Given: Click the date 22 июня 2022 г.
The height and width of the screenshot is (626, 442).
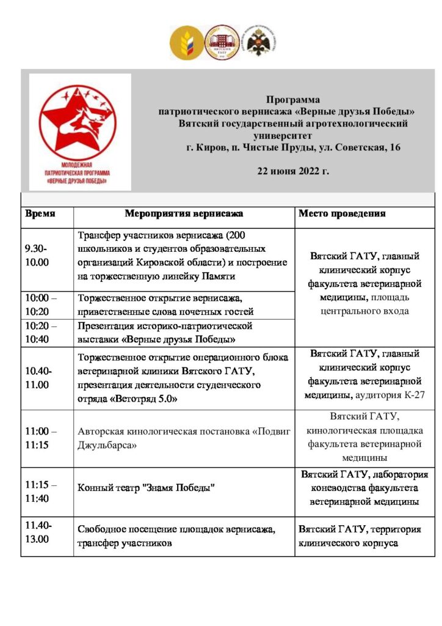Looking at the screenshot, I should point(293,171).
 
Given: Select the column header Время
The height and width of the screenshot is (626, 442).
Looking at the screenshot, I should point(40,215).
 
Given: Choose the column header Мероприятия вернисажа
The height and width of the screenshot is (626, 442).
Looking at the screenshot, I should point(184,215).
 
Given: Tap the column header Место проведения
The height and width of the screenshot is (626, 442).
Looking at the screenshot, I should point(342,215).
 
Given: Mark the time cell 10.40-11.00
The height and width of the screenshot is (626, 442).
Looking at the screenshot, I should point(38,378).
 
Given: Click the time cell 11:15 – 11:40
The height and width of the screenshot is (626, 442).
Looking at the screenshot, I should point(42,491).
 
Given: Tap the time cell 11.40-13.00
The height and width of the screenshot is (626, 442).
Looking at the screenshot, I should point(38,532).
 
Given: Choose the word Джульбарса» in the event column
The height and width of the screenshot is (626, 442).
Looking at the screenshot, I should point(107,445).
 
